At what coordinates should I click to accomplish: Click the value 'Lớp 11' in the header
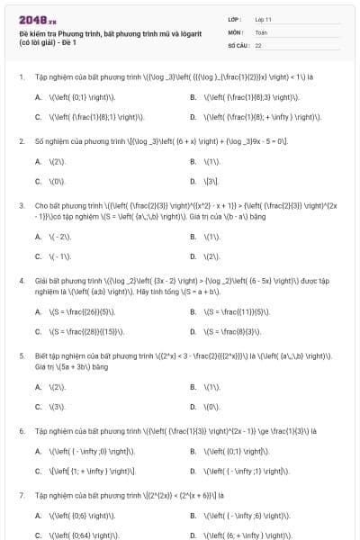[263, 19]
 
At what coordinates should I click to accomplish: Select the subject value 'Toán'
[261, 31]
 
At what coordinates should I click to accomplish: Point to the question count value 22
[258, 45]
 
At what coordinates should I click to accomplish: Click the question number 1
[21, 77]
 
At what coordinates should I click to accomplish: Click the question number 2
[21, 141]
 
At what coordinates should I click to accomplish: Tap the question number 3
[21, 205]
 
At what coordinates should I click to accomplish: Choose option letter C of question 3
[38, 256]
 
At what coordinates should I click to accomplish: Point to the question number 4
[21, 281]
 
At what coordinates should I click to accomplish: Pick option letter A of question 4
[38, 312]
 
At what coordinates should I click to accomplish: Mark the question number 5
[21, 356]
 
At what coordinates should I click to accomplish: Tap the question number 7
[21, 495]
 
